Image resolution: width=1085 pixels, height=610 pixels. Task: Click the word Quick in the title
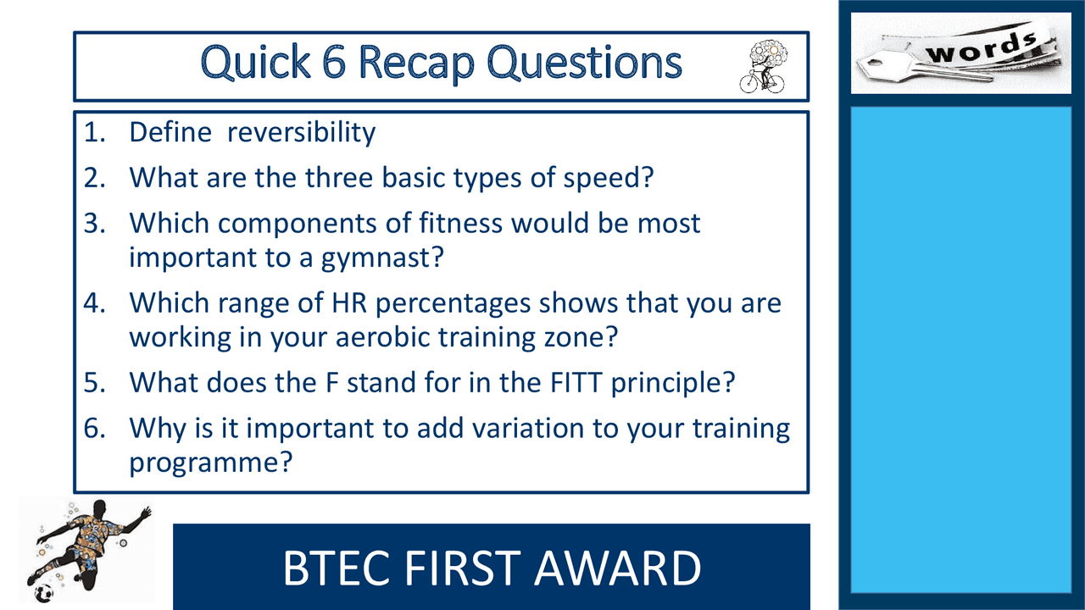(255, 63)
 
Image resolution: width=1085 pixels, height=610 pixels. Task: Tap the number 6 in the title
(334, 62)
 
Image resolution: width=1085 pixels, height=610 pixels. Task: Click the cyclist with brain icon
(763, 66)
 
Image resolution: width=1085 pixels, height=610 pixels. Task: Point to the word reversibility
(301, 132)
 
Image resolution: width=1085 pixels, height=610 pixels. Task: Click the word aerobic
(382, 336)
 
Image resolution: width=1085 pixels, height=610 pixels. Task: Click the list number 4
(94, 303)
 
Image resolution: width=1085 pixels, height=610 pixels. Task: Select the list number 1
(94, 132)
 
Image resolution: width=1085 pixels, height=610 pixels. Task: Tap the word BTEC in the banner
(337, 568)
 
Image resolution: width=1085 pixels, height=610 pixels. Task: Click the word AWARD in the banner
(618, 568)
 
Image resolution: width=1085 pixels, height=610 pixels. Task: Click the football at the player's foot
(43, 593)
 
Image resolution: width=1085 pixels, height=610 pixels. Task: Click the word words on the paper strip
(981, 48)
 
